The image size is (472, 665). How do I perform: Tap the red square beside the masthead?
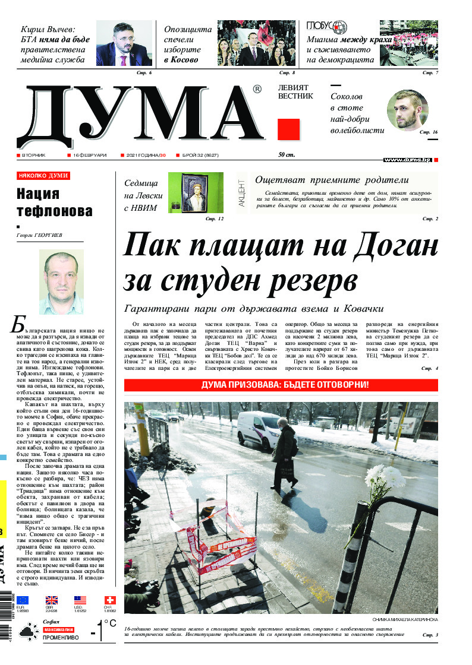pyautogui.click(x=288, y=129)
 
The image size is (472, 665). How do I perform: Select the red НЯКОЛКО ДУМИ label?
pyautogui.click(x=43, y=176)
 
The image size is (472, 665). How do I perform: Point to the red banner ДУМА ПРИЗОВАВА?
pyautogui.click(x=281, y=385)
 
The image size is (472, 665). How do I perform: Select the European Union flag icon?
pyautogui.click(x=23, y=600)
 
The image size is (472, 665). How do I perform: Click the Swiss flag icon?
pyautogui.click(x=109, y=600)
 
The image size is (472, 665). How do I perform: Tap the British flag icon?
pyautogui.click(x=52, y=600)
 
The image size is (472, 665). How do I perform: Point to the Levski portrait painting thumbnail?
pyautogui.click(x=187, y=192)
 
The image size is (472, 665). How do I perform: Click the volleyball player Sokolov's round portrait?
pyautogui.click(x=407, y=111)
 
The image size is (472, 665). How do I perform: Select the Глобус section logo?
pyautogui.click(x=326, y=27)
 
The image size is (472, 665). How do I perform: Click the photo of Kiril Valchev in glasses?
pyautogui.click(x=124, y=43)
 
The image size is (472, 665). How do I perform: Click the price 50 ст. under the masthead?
pyautogui.click(x=287, y=155)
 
